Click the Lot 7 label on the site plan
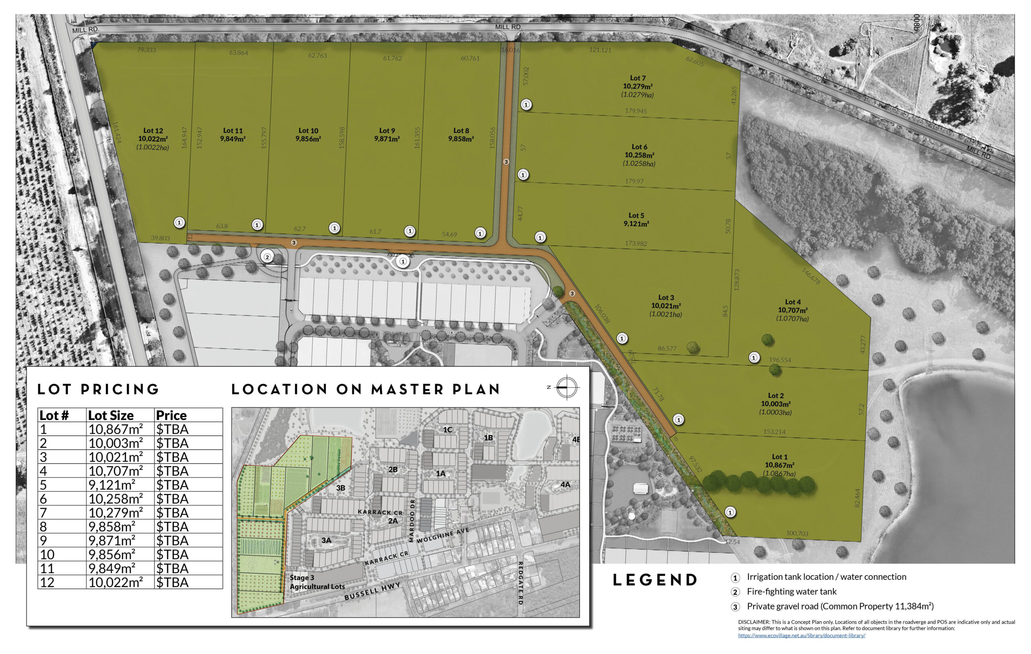click(638, 86)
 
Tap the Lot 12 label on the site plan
click(153, 139)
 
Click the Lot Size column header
click(111, 415)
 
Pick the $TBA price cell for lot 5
click(172, 485)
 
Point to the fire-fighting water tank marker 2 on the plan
click(267, 257)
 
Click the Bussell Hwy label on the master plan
click(373, 591)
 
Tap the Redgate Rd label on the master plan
click(521, 583)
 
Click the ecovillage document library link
click(801, 635)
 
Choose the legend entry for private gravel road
click(840, 606)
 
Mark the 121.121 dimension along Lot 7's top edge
click(600, 50)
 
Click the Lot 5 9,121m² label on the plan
click(636, 219)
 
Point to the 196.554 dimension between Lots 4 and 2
click(780, 360)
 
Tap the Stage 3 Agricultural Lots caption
click(317, 582)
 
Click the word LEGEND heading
click(655, 580)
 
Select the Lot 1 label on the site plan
click(780, 465)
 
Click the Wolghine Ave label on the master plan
click(443, 535)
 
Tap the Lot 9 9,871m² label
click(387, 135)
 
